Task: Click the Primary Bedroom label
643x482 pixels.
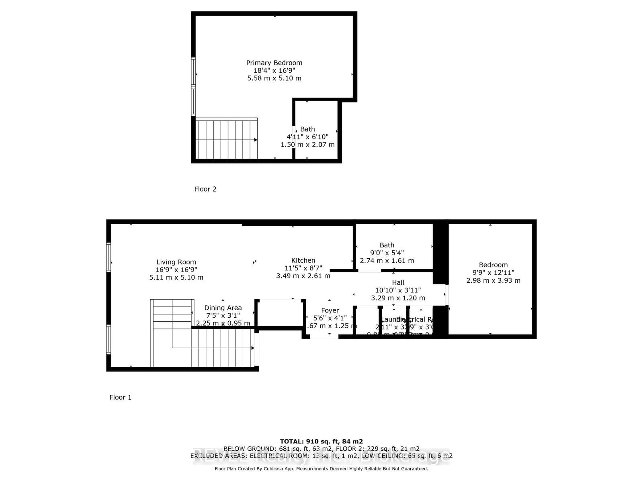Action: click(274, 63)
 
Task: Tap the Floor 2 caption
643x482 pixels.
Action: click(205, 189)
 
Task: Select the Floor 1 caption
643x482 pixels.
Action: click(121, 397)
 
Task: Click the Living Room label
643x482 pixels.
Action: click(176, 262)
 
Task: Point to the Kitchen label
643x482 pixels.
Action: click(303, 260)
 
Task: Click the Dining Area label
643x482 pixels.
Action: click(223, 308)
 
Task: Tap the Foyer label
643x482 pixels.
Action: click(330, 310)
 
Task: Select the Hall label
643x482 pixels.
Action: click(398, 283)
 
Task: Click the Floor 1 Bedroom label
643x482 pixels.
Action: click(493, 265)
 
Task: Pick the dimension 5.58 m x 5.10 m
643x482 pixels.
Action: click(274, 78)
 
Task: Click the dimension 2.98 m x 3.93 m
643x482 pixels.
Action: click(493, 281)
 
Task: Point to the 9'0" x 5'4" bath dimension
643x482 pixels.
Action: click(387, 253)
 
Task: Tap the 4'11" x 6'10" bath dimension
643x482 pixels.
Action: click(307, 137)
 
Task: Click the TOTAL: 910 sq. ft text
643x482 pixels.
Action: click(321, 441)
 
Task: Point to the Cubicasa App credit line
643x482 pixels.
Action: click(321, 469)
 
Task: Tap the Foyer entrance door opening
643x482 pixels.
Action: click(324, 337)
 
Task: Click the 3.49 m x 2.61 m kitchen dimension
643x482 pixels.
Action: click(303, 276)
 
